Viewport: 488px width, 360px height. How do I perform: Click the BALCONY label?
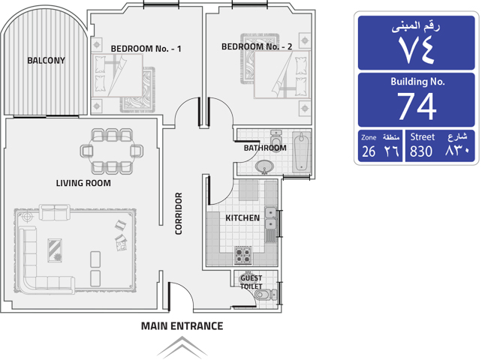[x=46, y=60]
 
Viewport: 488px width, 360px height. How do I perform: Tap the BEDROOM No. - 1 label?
[x=146, y=49]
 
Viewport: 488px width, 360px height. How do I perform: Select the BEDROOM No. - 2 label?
[x=257, y=46]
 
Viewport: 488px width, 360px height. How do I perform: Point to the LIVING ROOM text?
[x=83, y=183]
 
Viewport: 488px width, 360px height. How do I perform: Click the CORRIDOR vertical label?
[x=179, y=213]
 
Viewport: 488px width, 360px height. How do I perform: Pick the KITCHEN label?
[x=242, y=218]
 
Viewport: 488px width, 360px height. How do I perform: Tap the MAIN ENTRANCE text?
[x=182, y=326]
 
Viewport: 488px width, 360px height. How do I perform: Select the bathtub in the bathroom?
[x=301, y=151]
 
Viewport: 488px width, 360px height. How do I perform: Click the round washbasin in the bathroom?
[x=264, y=167]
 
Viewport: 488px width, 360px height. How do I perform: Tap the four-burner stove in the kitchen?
[x=243, y=254]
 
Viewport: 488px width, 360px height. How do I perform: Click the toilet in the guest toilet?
[x=265, y=295]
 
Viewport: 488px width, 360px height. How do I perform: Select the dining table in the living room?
[x=112, y=151]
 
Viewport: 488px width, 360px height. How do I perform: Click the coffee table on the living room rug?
[x=55, y=250]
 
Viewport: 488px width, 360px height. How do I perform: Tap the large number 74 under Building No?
[x=417, y=106]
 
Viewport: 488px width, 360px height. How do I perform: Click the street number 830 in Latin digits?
[x=421, y=151]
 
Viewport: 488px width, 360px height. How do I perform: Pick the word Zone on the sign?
[x=369, y=137]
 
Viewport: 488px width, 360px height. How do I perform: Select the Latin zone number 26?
[x=369, y=151]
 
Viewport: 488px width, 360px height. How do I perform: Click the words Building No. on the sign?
[x=417, y=82]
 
